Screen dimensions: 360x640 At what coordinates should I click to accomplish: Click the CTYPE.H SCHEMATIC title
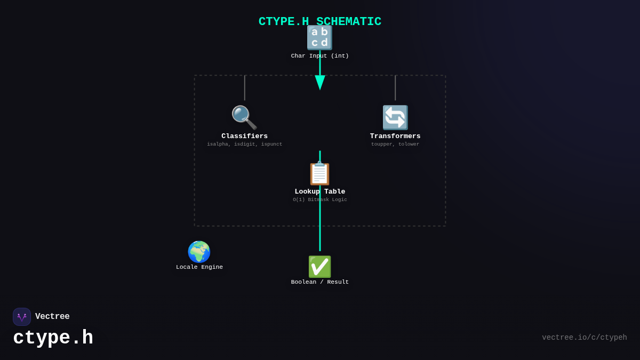[319, 22]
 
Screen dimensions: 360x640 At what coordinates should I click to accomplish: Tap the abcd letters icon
[319, 38]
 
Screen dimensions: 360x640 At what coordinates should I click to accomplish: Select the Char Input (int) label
[319, 56]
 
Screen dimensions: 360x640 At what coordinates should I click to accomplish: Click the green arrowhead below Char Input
[320, 82]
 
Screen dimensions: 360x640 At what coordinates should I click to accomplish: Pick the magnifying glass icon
[244, 117]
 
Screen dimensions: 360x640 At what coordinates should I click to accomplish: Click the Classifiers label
[244, 137]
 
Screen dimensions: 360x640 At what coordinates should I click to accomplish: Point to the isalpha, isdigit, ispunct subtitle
[244, 145]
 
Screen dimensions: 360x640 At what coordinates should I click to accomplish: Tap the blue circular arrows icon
[395, 117]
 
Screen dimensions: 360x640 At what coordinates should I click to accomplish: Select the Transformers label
[395, 137]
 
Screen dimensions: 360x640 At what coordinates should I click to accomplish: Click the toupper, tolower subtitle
[395, 145]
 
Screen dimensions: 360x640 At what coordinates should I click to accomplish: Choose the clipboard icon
[319, 173]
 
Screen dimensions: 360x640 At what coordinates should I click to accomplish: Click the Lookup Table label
[319, 192]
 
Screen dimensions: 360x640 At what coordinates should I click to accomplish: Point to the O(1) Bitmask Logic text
[319, 200]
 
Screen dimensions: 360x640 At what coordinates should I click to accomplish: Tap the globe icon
[199, 252]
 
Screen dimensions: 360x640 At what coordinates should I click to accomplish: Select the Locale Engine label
[199, 267]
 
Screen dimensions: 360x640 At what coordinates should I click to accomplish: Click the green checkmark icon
[319, 267]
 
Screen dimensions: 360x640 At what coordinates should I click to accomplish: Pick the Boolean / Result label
[319, 282]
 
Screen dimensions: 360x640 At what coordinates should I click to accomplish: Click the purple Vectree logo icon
[22, 317]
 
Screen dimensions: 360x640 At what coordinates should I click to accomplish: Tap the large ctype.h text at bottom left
[53, 338]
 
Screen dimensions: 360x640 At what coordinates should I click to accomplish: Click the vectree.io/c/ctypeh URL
[584, 338]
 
